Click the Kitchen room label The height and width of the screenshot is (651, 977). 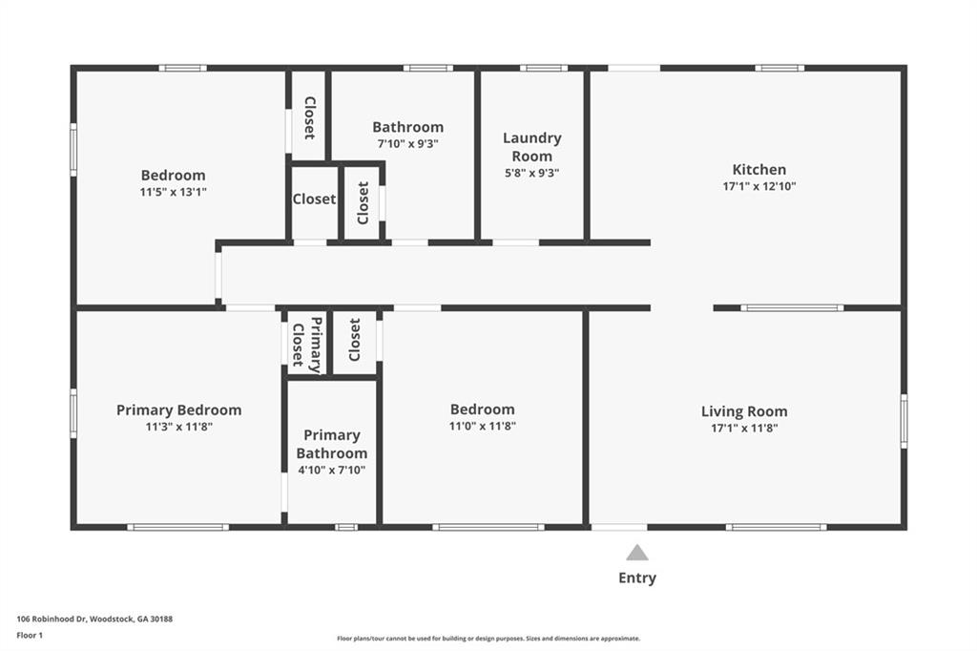(x=759, y=169)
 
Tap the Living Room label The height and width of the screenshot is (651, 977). (x=744, y=410)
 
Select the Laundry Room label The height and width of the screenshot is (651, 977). (x=532, y=147)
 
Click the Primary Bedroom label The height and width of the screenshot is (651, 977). (x=178, y=409)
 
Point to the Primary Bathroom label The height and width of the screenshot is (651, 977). (x=331, y=444)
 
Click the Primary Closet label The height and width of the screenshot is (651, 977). (x=307, y=345)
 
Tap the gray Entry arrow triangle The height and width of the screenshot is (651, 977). (x=636, y=553)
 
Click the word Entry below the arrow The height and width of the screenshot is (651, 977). (x=636, y=578)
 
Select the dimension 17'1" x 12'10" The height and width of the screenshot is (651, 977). (x=759, y=186)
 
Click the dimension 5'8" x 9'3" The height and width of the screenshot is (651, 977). (x=531, y=173)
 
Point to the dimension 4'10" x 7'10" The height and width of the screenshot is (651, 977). (x=331, y=471)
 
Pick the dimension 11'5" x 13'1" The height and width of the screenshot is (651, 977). (x=174, y=192)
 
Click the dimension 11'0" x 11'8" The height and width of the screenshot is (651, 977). (x=482, y=426)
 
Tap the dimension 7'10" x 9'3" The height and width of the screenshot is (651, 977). (x=407, y=143)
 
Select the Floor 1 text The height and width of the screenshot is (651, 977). (x=30, y=636)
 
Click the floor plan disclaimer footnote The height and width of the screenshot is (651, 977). (x=488, y=639)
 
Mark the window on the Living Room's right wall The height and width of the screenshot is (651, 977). (x=904, y=421)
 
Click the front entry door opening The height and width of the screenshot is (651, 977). (x=618, y=528)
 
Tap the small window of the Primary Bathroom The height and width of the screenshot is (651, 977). (x=346, y=528)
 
